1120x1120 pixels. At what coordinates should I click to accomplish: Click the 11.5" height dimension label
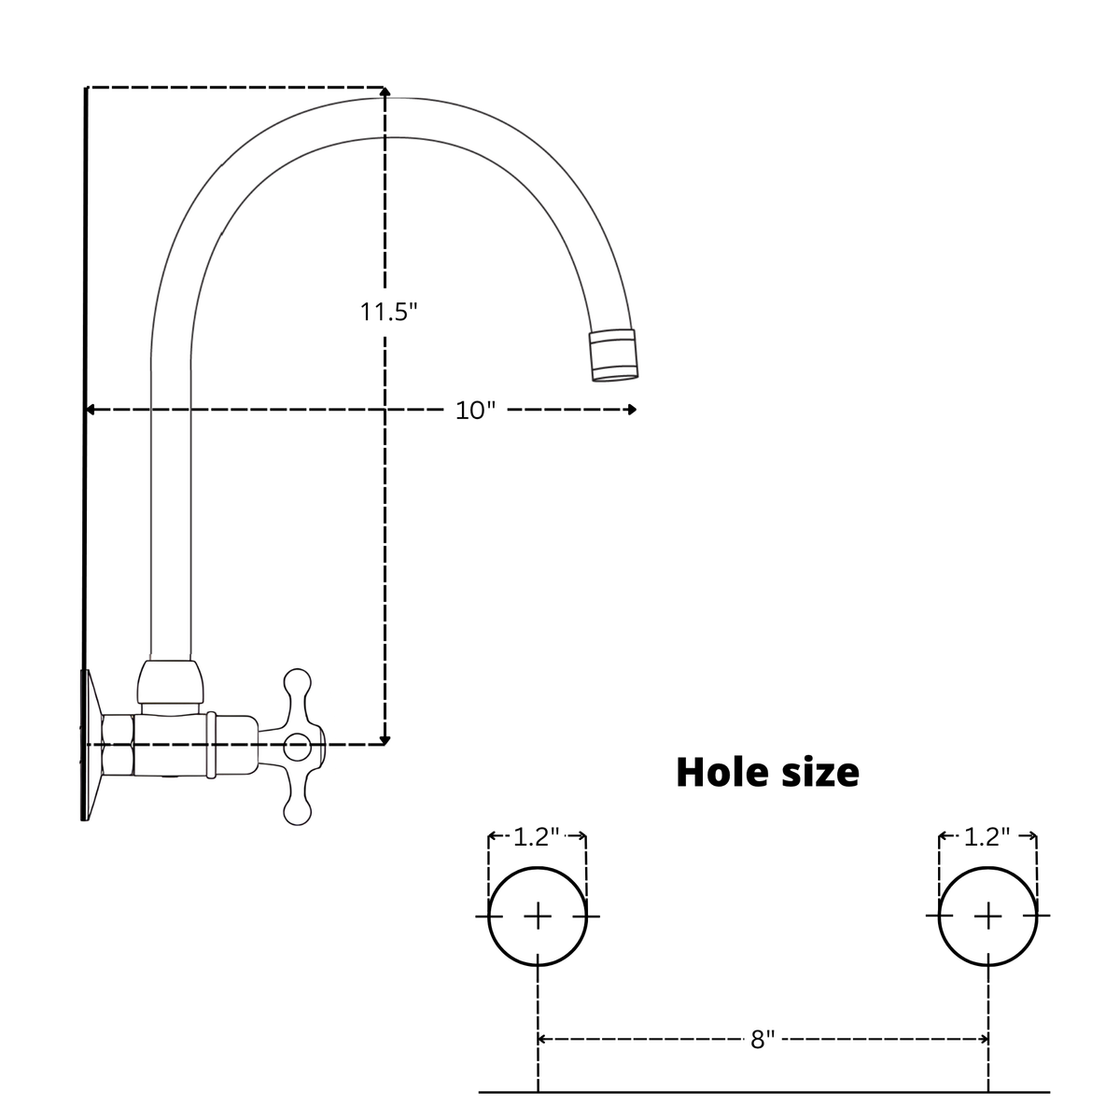[388, 312]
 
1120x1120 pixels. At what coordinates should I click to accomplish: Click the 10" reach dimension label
[475, 411]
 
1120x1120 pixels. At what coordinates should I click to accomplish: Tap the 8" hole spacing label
[763, 1040]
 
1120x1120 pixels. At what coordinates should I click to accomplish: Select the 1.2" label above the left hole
[536, 837]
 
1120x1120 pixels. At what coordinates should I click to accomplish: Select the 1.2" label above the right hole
[987, 837]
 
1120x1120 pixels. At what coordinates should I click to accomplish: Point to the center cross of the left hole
[538, 917]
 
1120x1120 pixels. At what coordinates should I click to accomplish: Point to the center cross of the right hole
[988, 917]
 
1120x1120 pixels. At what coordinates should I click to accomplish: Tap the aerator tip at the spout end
[614, 355]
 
